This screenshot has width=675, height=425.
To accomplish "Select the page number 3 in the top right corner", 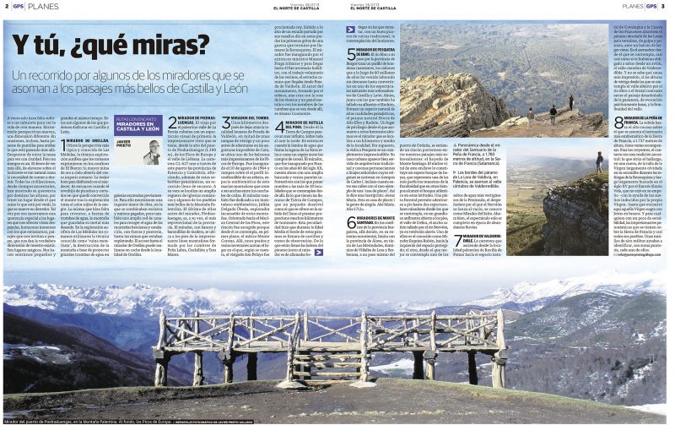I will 663,7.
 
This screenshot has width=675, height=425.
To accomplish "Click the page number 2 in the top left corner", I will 5,7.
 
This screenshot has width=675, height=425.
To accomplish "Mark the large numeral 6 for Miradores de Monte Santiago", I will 350,222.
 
